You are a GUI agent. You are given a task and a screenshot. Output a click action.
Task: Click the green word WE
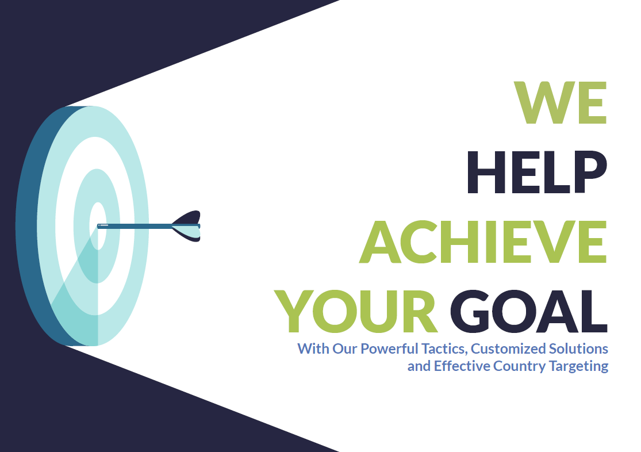tap(560, 102)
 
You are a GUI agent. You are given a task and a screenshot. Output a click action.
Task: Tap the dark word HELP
tap(537, 172)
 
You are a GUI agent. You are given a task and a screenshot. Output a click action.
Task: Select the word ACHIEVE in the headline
tap(483, 242)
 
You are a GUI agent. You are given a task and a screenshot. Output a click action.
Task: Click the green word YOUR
tap(356, 311)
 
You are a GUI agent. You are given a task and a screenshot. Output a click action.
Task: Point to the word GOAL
tap(528, 311)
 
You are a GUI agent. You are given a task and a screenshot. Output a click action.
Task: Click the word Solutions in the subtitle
tap(578, 348)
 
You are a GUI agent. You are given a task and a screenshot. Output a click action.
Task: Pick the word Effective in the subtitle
tap(462, 366)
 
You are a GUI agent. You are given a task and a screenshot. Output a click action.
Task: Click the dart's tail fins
tap(187, 226)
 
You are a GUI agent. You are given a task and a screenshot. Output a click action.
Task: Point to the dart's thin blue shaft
tap(135, 226)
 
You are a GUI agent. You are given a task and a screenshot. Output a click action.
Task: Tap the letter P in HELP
tap(590, 172)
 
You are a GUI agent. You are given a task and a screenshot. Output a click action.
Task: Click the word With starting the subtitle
tap(313, 348)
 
